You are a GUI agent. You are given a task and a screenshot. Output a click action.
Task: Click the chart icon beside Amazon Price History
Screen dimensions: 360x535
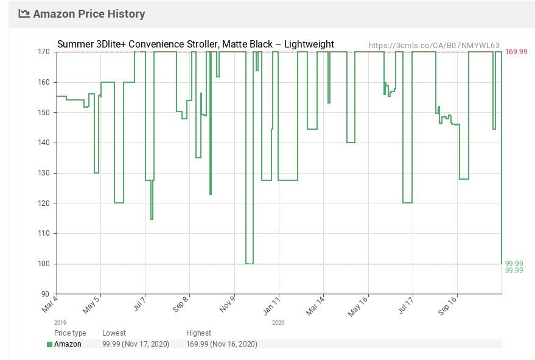[x=24, y=13]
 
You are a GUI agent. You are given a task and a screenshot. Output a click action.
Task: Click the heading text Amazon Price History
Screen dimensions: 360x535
[x=89, y=13]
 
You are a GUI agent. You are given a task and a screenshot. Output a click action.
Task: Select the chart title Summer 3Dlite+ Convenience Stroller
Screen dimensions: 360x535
[x=195, y=44]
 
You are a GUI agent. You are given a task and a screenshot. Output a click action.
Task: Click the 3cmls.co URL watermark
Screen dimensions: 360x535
[x=434, y=45]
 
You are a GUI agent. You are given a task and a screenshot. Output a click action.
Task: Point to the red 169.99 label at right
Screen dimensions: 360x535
[x=516, y=52]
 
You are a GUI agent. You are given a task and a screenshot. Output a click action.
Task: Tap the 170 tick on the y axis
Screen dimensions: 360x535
[x=44, y=52]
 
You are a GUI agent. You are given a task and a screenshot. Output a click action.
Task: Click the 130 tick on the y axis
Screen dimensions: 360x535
[x=44, y=173]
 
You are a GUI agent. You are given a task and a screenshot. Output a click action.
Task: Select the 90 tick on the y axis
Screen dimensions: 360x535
[x=46, y=294]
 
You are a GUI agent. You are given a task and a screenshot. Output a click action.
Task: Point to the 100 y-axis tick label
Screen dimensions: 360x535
[x=44, y=264]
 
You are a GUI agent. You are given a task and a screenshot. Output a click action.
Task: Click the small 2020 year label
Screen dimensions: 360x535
[x=278, y=323]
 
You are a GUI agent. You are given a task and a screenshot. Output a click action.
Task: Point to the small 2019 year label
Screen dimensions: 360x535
[x=60, y=323]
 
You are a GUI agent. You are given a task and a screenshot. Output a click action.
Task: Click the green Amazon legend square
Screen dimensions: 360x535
[x=50, y=344]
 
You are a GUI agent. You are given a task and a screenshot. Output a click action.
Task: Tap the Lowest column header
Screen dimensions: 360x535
[x=114, y=333]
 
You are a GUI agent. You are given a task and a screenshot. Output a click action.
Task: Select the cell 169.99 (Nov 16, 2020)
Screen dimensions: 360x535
[x=222, y=344]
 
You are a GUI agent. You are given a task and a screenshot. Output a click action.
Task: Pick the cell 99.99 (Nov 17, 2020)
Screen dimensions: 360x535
[x=136, y=344]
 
